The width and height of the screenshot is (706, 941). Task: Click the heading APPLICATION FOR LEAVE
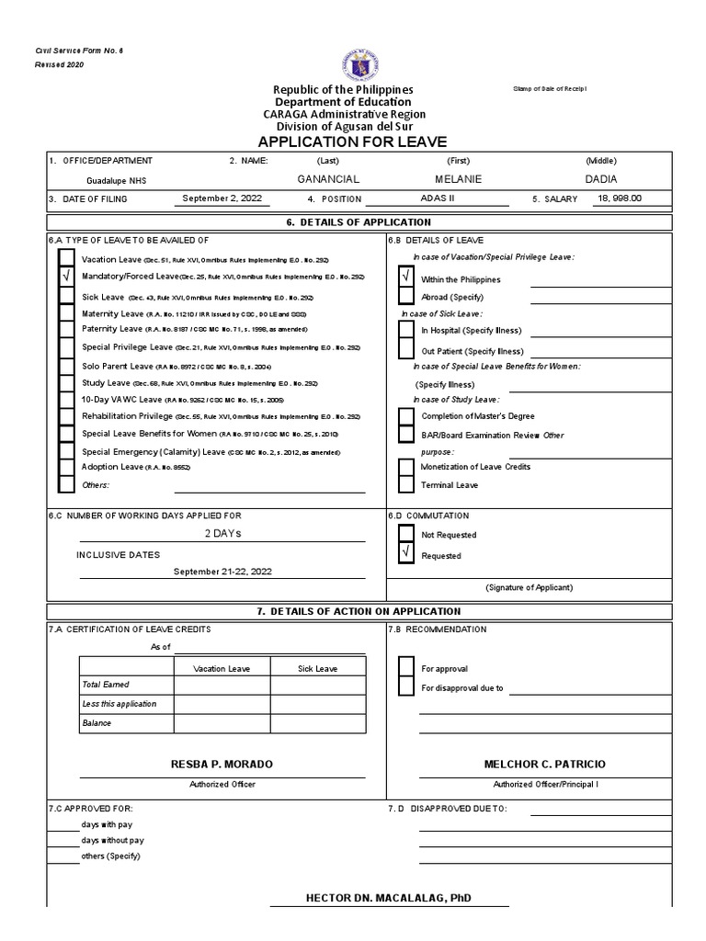(x=352, y=142)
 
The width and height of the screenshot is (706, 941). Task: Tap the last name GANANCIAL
(x=328, y=178)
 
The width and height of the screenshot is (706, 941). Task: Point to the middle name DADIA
(x=601, y=178)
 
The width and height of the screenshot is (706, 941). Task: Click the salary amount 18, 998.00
(x=620, y=198)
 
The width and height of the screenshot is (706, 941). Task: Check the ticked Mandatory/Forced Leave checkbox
(x=66, y=277)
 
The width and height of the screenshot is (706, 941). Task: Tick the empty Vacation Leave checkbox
(x=66, y=259)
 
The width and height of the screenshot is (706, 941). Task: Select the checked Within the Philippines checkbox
(x=405, y=277)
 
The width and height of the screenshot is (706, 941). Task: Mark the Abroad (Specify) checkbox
(x=405, y=296)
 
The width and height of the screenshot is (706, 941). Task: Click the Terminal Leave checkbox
(x=405, y=484)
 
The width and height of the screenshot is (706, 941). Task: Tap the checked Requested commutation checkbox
(x=405, y=553)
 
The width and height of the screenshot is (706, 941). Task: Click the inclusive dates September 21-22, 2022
(x=223, y=572)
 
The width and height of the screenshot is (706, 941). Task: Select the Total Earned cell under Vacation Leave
(x=221, y=685)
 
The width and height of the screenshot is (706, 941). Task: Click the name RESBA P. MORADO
(x=222, y=765)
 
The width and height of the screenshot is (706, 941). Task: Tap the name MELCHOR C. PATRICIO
(x=544, y=765)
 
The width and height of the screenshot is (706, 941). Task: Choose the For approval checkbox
(x=405, y=668)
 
